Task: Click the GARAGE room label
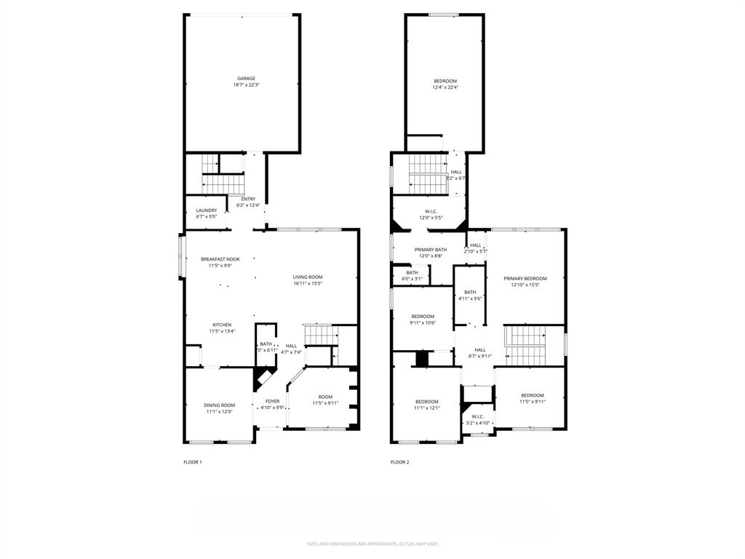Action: (246, 79)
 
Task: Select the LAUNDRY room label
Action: (207, 210)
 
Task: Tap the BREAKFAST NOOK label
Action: (220, 259)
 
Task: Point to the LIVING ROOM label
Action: (308, 277)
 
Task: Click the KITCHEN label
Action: (222, 325)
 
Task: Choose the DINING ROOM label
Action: (219, 405)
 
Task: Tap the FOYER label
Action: (272, 401)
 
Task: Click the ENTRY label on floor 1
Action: (248, 199)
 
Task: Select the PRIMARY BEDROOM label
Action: (526, 278)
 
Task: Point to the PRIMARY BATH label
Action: (431, 250)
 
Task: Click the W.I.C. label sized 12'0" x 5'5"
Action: (431, 211)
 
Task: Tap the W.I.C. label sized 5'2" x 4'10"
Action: (477, 416)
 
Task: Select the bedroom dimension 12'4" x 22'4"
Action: (445, 87)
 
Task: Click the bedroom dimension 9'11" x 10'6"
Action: (423, 322)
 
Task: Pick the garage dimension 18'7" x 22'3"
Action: (246, 85)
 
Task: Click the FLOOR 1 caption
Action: (193, 462)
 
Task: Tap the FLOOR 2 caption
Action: (399, 462)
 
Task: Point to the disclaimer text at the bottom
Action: (372, 544)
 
